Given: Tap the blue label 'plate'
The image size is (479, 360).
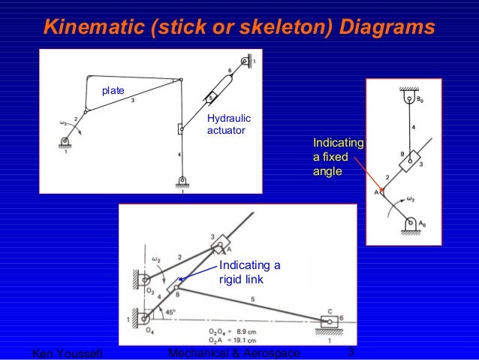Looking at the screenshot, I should (x=113, y=91).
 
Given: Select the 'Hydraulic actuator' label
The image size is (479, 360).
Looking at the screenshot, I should (x=229, y=126).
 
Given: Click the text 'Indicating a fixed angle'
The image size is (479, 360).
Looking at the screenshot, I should (x=337, y=157).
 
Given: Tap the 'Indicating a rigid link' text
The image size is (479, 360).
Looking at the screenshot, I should (x=249, y=272).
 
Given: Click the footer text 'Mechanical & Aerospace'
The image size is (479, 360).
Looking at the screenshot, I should (x=233, y=353).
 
